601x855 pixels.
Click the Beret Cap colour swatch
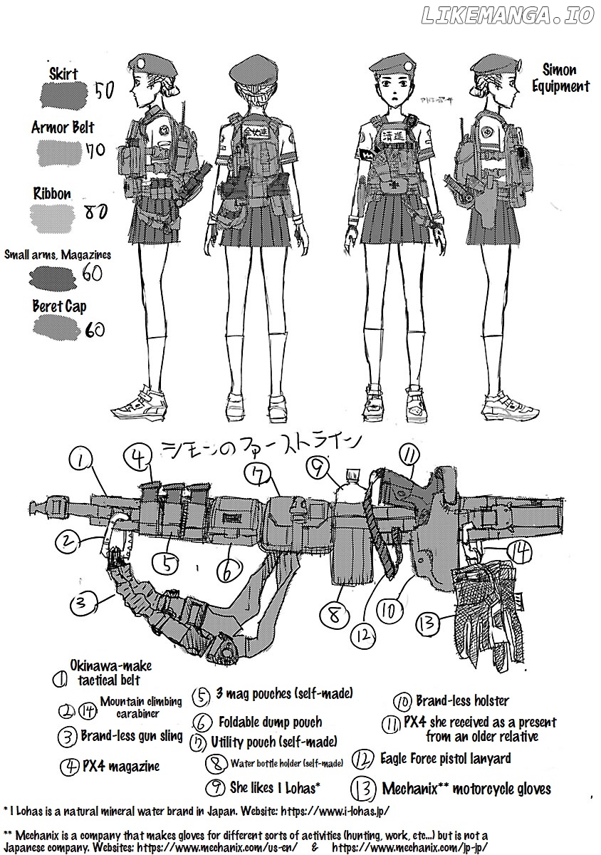pos(58,327)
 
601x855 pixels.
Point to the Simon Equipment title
pos(561,78)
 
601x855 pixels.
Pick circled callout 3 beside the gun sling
pos(83,605)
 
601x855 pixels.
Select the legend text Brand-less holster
pos(462,701)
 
